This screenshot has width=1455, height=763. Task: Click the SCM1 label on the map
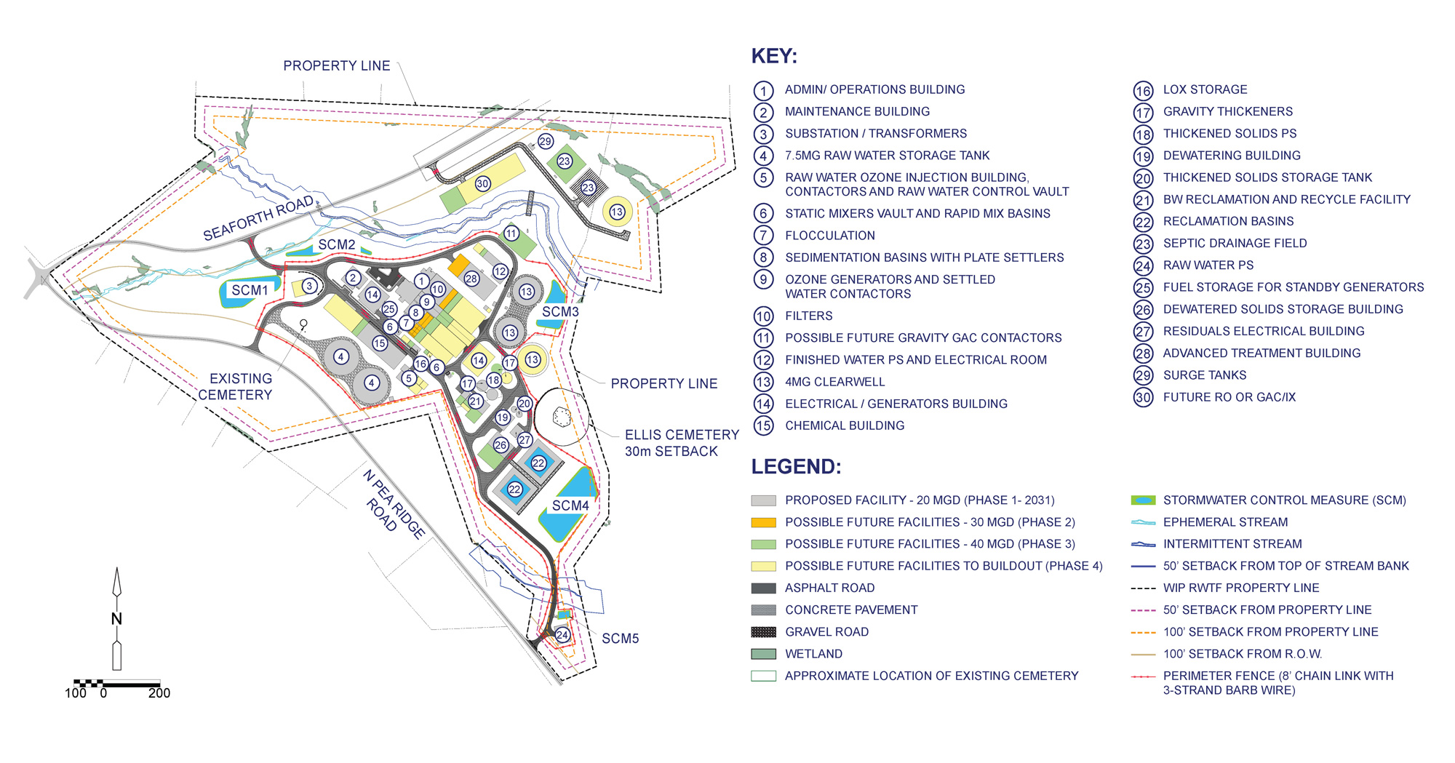[250, 290]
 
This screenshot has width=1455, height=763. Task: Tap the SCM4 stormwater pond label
[570, 506]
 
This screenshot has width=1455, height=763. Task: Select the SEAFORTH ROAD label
[258, 218]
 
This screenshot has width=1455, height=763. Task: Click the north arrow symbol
[116, 618]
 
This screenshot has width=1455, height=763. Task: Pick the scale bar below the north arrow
[117, 684]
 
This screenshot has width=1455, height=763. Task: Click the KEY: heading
[774, 57]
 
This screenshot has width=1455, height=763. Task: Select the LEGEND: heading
[796, 467]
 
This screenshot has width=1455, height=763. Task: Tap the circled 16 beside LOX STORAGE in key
[1143, 90]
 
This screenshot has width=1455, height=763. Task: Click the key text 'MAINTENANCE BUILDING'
[857, 112]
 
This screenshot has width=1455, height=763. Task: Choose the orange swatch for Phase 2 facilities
[763, 522]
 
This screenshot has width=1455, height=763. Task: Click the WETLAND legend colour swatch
[763, 654]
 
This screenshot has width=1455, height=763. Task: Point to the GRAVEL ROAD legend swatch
[763, 632]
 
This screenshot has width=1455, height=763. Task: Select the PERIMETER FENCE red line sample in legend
[1143, 676]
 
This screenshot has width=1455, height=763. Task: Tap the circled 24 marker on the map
[562, 635]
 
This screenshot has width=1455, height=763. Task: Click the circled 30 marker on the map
[482, 184]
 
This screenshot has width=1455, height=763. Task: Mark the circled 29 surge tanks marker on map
[546, 141]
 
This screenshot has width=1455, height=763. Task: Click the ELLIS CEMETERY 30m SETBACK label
[681, 443]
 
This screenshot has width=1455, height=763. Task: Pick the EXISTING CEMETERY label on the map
[236, 387]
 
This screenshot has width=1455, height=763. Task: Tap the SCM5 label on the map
[620, 639]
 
